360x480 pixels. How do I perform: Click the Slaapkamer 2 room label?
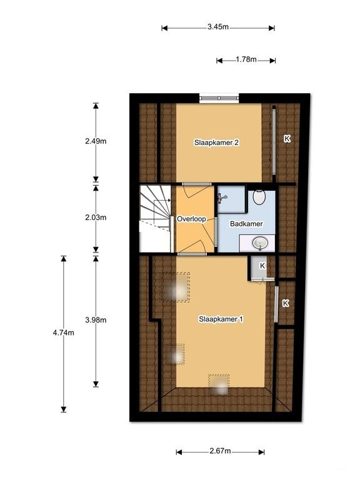click(216, 142)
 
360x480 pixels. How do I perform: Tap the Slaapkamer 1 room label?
click(221, 319)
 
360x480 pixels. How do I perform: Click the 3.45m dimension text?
click(217, 27)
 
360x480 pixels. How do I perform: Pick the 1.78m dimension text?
click(246, 60)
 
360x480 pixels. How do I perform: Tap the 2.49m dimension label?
click(96, 141)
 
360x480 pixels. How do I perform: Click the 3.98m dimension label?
click(96, 321)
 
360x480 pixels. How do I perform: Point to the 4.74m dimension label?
click(64, 332)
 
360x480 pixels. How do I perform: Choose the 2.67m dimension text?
click(220, 451)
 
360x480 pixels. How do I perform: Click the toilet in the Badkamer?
click(260, 198)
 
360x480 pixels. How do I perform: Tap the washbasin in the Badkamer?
click(259, 242)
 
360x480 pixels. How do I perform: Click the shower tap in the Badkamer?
click(222, 198)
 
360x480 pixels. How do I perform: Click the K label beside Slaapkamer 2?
click(287, 139)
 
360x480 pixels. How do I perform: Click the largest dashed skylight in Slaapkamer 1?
click(176, 287)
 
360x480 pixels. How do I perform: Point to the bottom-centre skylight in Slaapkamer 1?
click(219, 384)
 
